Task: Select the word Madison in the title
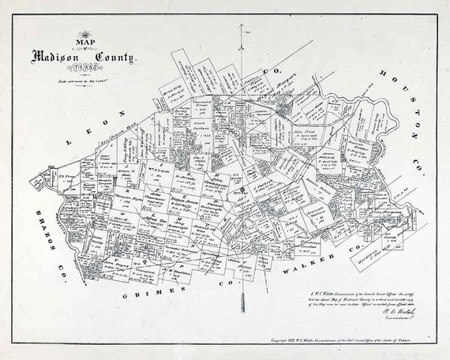coord(59,57)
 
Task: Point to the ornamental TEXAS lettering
coord(83,69)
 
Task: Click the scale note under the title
coord(83,81)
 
